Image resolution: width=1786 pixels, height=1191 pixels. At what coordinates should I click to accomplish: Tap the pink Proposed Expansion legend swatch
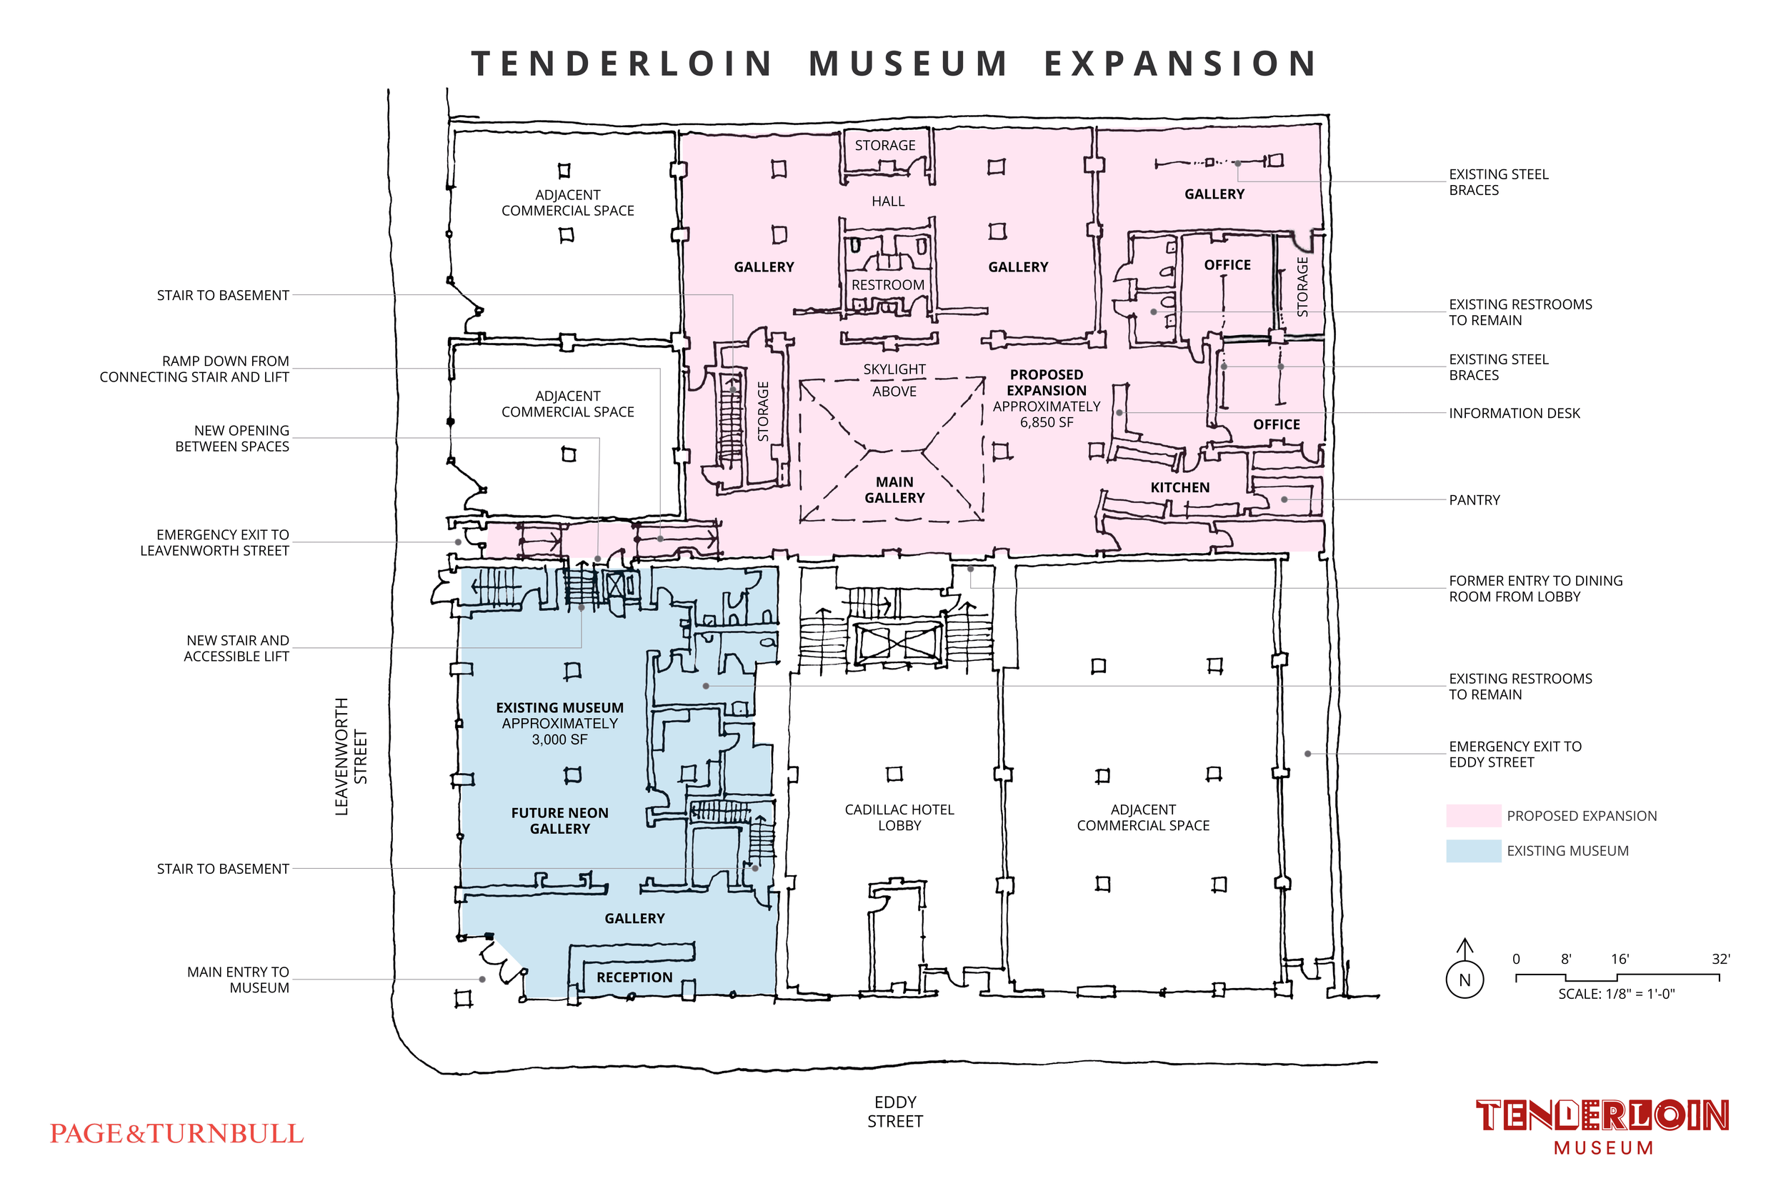pos(1472,815)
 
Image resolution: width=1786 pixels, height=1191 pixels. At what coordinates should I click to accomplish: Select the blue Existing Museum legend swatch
pos(1472,850)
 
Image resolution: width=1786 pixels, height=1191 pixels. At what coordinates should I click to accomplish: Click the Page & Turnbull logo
pos(176,1133)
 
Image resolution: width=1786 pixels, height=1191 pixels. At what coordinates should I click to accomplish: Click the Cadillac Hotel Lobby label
pos(899,817)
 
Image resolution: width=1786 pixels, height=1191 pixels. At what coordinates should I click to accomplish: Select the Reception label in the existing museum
pos(634,977)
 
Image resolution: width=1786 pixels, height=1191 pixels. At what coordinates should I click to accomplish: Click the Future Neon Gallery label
pos(559,820)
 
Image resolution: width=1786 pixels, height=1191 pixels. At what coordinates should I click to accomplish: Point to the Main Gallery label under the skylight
pos(894,490)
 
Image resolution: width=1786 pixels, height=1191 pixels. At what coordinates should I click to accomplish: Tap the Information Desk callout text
pos(1513,413)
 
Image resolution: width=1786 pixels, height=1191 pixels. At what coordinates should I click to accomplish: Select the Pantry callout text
pos(1474,500)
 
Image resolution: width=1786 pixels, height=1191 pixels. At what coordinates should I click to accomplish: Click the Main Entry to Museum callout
pos(238,980)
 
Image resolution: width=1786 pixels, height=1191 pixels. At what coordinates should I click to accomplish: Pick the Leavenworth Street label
pos(351,757)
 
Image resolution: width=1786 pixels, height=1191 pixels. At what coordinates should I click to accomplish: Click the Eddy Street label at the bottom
pos(894,1111)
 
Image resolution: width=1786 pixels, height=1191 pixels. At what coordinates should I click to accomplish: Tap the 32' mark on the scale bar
pos(1720,960)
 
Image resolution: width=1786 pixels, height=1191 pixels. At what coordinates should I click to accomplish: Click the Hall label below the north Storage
pos(888,201)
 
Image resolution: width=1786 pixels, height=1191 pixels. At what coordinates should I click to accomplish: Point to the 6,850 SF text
pos(1046,422)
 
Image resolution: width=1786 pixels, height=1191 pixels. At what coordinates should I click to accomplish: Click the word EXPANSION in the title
pos(1181,64)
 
